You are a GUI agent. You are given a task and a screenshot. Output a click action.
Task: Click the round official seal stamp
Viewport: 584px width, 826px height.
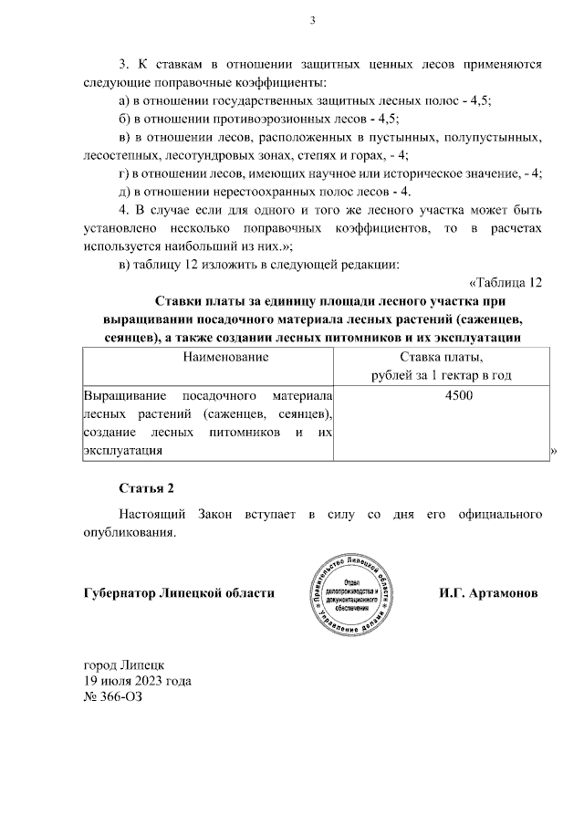coord(351,595)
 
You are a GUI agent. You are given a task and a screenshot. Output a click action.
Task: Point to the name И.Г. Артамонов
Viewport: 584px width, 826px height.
coord(488,593)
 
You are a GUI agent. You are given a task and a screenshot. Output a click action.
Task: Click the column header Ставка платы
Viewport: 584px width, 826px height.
coord(440,357)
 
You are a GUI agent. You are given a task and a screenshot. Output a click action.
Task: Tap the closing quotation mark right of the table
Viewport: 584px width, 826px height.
coord(555,452)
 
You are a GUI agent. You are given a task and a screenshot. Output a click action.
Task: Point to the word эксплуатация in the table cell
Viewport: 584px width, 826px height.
coord(123,450)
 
